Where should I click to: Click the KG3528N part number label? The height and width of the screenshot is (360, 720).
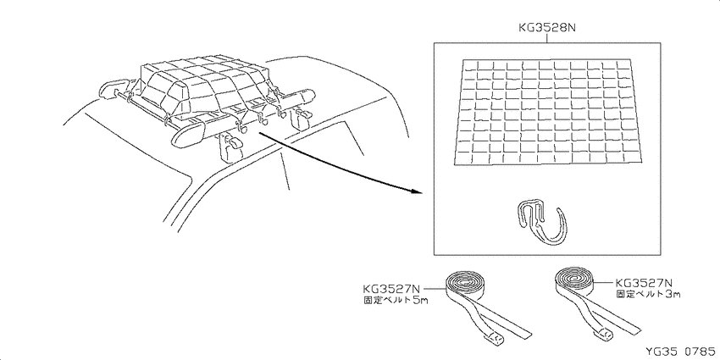tap(547, 28)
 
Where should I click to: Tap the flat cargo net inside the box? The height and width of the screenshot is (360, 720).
tap(546, 112)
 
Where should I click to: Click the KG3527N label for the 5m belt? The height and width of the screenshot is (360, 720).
tap(391, 289)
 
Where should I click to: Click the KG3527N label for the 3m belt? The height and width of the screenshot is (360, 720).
tap(643, 282)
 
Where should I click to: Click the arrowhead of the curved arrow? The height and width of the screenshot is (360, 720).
tap(415, 190)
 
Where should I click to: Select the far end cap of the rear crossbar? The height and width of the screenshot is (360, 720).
tap(303, 96)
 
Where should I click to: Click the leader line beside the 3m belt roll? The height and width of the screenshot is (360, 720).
tap(604, 282)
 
